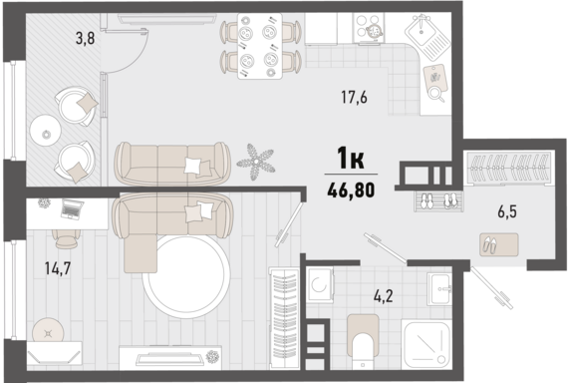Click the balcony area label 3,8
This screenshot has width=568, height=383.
pyautogui.click(x=85, y=38)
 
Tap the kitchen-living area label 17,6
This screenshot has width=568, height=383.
pyautogui.click(x=354, y=97)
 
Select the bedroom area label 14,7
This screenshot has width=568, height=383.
pyautogui.click(x=58, y=268)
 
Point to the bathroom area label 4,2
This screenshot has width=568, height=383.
pyautogui.click(x=384, y=296)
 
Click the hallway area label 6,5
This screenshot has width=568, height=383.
pyautogui.click(x=507, y=211)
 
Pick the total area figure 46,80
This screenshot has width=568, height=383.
pyautogui.click(x=351, y=191)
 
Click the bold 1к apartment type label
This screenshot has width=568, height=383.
pyautogui.click(x=351, y=158)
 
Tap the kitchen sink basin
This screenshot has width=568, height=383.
pyautogui.click(x=421, y=31)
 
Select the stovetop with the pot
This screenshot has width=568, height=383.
pyautogui.click(x=369, y=26)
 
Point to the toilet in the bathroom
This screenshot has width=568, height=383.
pyautogui.click(x=363, y=340)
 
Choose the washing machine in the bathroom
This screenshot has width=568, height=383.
pyautogui.click(x=320, y=284)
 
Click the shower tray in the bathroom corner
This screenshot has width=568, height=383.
pyautogui.click(x=426, y=344)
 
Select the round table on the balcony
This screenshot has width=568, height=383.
pyautogui.click(x=45, y=130)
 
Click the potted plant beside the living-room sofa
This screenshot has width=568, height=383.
pyautogui.click(x=256, y=162)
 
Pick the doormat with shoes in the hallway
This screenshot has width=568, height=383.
pyautogui.click(x=499, y=244)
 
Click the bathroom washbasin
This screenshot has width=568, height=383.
pyautogui.click(x=439, y=289)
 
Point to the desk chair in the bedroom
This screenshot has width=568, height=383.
pyautogui.click(x=66, y=238)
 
